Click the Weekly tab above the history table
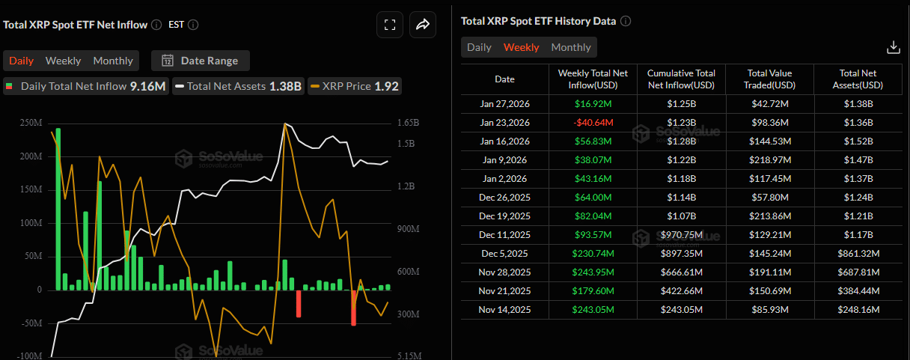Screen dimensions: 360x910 point(521,47)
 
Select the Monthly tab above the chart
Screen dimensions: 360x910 point(113,61)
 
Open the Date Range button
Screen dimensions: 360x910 point(200,61)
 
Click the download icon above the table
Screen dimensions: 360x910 point(893,47)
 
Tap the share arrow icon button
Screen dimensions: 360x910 point(422,25)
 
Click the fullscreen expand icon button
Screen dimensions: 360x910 point(389,25)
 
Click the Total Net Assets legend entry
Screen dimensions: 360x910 point(237,86)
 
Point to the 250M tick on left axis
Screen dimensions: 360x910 point(31,123)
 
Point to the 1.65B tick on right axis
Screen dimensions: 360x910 point(408,123)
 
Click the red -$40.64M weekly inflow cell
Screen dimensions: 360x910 point(593,123)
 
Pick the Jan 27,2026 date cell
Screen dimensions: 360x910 point(504,104)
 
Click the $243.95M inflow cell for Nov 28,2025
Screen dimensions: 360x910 point(593,272)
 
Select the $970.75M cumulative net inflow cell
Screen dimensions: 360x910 point(681,235)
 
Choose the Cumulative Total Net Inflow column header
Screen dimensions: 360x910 point(681,79)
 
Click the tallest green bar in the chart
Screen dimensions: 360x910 point(58,210)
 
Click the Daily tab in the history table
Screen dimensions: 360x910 point(479,47)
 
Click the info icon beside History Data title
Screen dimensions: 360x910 point(626,21)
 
